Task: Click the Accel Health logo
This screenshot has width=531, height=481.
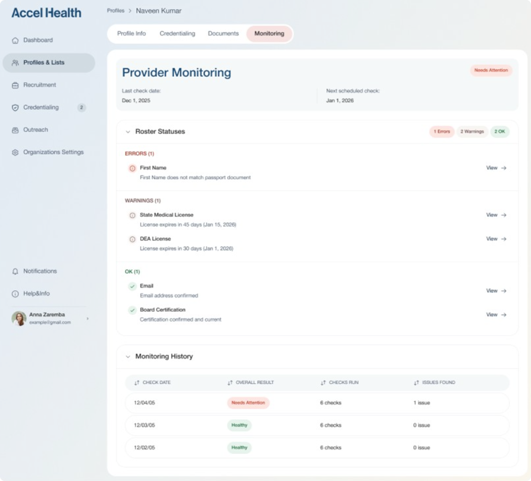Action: pos(46,13)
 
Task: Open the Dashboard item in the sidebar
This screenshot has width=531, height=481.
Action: pos(38,40)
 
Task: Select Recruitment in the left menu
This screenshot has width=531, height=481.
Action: pos(39,85)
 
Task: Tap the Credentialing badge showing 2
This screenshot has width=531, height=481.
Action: pos(82,107)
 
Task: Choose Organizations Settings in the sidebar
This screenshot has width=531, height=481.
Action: pos(53,152)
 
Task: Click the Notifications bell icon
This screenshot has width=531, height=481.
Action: pos(15,271)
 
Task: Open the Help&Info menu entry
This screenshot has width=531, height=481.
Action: pos(36,294)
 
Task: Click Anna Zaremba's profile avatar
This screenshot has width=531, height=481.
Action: pos(19,319)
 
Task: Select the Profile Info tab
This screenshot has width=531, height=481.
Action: pos(131,33)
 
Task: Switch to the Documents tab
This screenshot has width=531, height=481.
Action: pos(223,33)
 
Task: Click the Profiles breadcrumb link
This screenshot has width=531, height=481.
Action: pos(115,10)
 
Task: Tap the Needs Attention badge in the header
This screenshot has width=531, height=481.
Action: pos(491,70)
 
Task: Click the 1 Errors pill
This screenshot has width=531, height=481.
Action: pos(442,132)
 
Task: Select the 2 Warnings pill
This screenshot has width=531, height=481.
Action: pos(472,132)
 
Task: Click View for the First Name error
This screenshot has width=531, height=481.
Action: pos(496,168)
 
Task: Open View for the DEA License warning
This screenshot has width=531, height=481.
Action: pos(496,239)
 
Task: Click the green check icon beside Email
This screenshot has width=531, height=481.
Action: pos(132,286)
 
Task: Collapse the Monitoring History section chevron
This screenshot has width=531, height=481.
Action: pos(128,356)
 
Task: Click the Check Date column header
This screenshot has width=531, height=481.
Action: pos(156,382)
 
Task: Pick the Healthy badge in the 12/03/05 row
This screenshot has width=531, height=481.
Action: pos(239,425)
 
